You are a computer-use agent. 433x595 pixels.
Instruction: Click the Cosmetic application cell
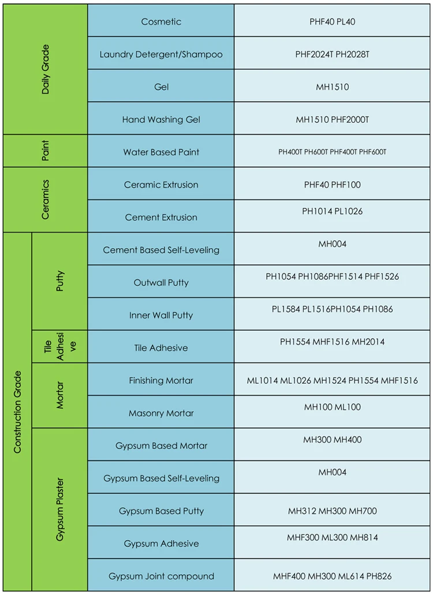(161, 22)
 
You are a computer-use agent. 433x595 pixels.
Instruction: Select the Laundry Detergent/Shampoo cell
(161, 55)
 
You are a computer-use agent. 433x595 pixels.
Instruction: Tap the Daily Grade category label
(46, 69)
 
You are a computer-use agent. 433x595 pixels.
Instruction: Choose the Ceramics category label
(46, 200)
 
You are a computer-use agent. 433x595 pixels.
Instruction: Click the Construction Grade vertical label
(17, 411)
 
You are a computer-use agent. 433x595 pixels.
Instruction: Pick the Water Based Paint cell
(161, 152)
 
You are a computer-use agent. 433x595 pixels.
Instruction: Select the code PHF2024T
(313, 55)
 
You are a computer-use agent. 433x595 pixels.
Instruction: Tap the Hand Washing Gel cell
(161, 120)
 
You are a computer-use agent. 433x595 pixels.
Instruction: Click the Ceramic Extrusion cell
(161, 185)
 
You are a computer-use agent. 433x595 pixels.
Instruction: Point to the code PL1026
(349, 211)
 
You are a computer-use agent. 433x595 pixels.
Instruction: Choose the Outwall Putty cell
(161, 283)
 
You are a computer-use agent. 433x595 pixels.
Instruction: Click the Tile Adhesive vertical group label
(60, 347)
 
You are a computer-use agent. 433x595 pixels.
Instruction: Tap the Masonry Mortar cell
(161, 413)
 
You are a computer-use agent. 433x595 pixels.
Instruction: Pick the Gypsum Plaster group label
(60, 510)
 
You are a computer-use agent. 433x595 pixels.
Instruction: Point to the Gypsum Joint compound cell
(161, 576)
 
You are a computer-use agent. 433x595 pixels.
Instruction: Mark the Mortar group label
(60, 395)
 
